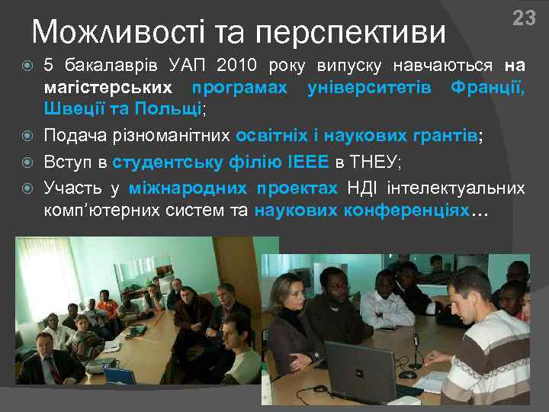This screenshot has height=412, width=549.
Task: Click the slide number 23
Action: [x=524, y=18]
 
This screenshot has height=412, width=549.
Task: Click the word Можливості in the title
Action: [x=117, y=32]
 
